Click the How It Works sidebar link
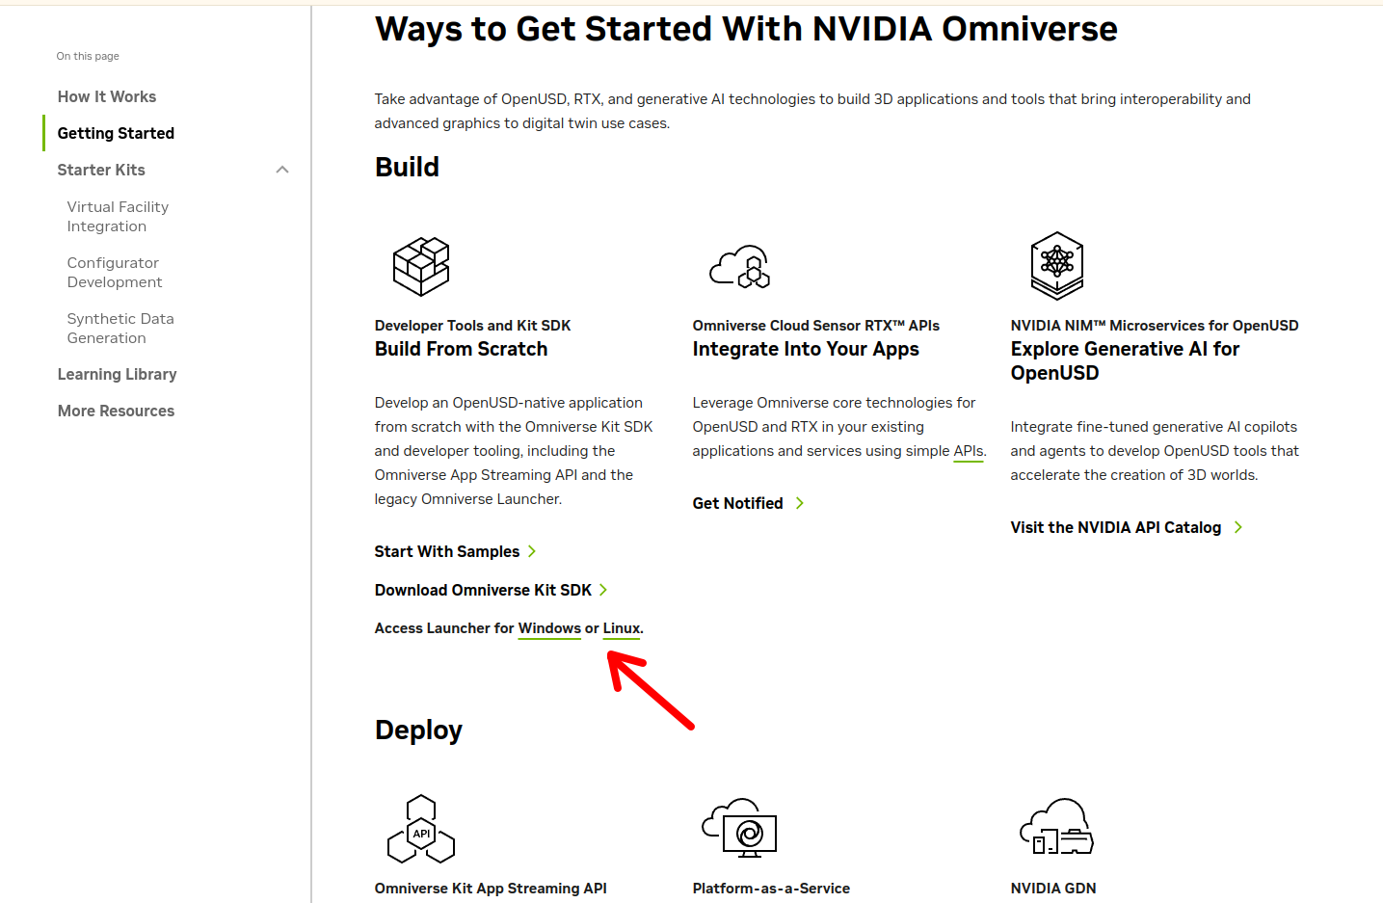(x=107, y=97)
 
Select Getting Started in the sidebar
(x=116, y=133)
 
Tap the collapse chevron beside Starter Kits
(x=282, y=170)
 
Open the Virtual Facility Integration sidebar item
(x=118, y=217)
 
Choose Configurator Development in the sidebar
(x=115, y=272)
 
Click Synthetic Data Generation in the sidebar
(x=120, y=329)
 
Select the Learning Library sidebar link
(x=117, y=374)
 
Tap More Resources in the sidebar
(x=116, y=412)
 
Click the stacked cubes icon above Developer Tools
(x=421, y=266)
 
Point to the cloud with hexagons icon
(x=739, y=267)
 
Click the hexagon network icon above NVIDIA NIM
(x=1057, y=265)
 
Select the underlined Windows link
(x=549, y=628)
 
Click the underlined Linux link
(x=621, y=628)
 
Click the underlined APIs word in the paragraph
(x=968, y=451)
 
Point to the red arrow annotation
(x=651, y=691)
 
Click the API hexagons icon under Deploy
(x=421, y=829)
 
